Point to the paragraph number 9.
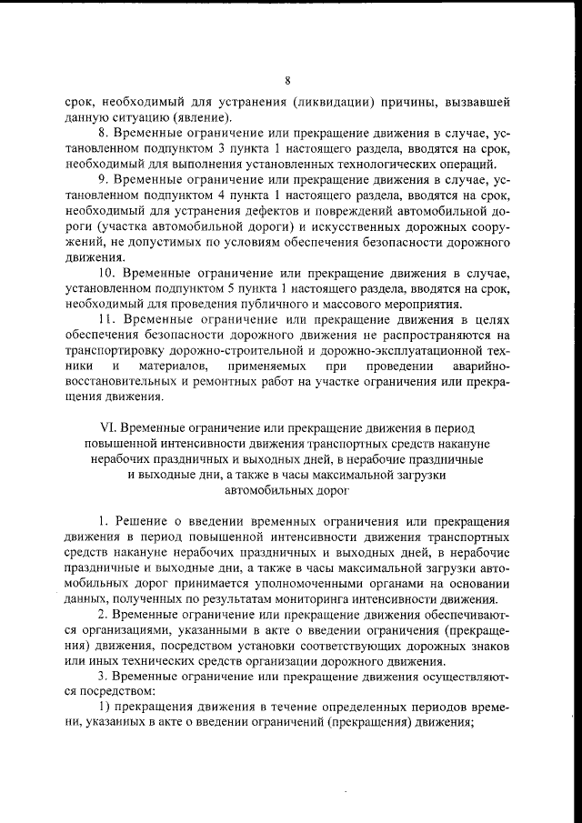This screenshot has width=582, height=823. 104,180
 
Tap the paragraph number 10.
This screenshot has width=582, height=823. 106,274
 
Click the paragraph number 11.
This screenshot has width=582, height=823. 106,320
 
